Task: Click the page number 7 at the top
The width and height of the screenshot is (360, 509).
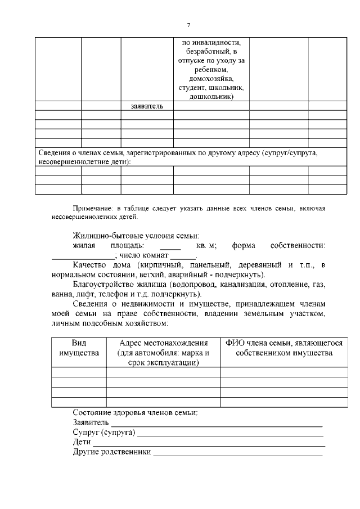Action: pos(188,25)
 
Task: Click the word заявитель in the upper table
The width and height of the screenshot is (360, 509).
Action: pos(146,106)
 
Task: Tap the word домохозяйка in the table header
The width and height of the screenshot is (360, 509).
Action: pos(211,78)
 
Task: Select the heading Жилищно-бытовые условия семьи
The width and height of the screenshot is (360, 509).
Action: pos(136,236)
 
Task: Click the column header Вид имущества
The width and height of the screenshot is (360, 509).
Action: pos(79,348)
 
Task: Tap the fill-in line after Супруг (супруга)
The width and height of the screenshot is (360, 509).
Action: pos(230,435)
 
